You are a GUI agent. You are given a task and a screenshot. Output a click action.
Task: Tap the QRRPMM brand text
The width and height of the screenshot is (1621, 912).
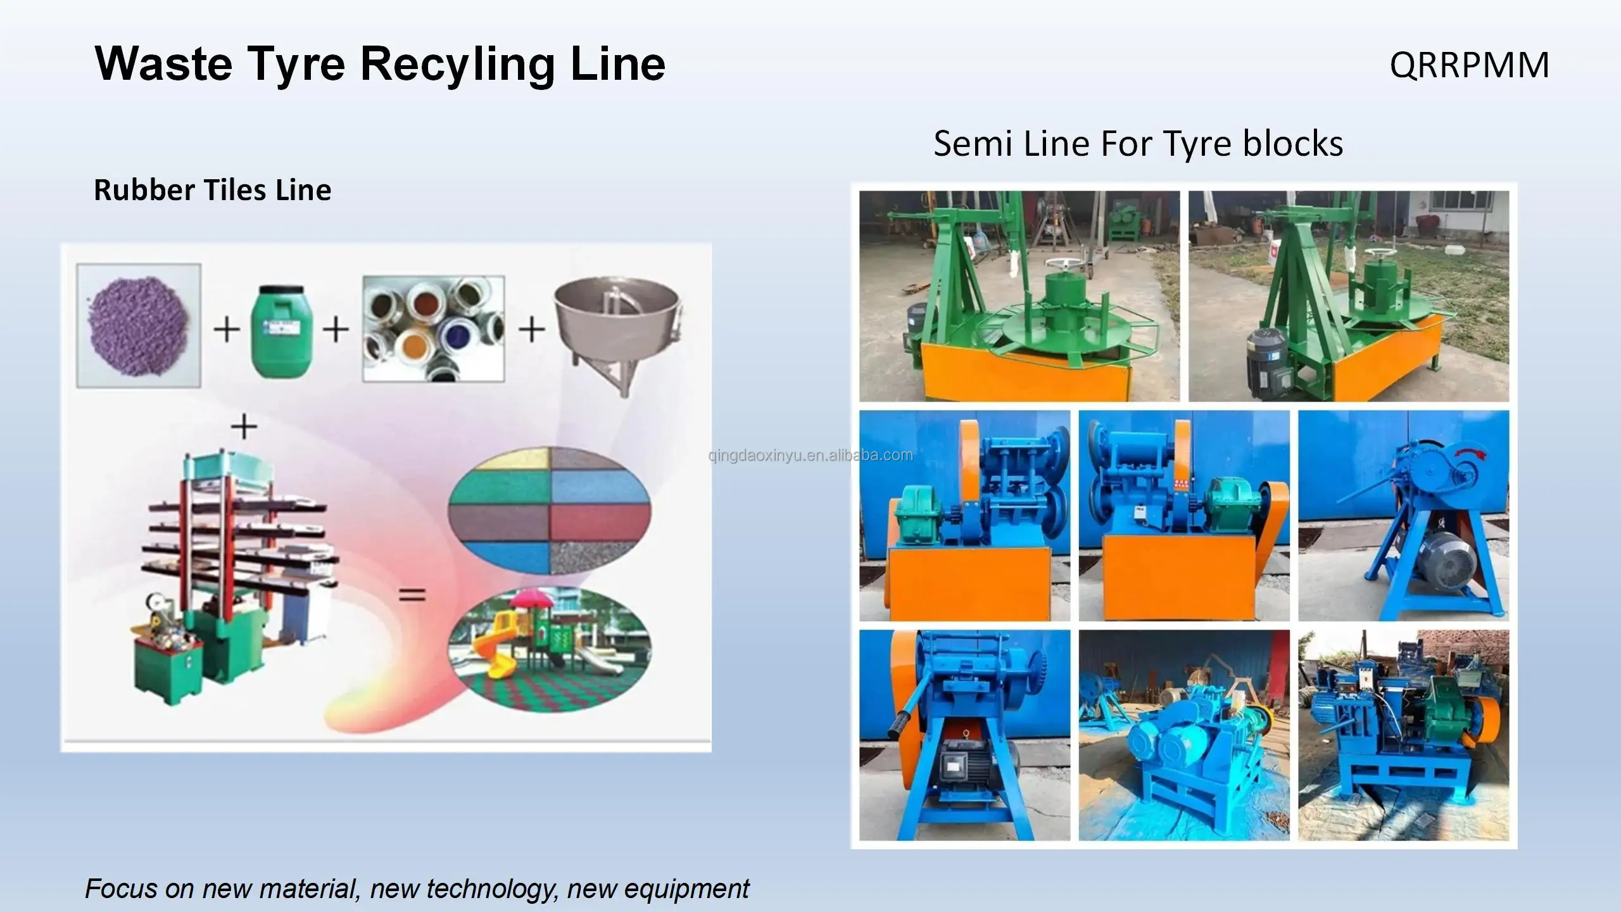[1469, 65]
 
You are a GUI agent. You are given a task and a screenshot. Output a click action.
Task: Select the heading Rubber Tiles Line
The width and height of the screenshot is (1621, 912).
[212, 190]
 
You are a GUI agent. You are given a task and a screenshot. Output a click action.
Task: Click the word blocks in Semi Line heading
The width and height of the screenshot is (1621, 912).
[1292, 143]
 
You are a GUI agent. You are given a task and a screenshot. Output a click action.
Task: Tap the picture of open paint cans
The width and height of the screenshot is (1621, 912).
[433, 328]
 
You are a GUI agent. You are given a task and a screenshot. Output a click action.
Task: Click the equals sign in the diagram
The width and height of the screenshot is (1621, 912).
[412, 595]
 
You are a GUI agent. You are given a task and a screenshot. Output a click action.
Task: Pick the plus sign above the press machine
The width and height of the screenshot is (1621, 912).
[244, 426]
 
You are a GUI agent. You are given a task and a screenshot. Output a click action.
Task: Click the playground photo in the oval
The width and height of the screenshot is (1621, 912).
[549, 649]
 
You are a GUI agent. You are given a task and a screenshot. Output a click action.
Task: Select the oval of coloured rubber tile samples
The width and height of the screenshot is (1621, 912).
[549, 510]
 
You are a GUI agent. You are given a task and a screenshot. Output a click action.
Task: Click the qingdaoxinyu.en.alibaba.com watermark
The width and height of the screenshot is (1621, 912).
[810, 455]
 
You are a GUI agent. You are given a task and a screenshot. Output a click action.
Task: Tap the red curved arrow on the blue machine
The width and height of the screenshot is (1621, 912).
[1471, 452]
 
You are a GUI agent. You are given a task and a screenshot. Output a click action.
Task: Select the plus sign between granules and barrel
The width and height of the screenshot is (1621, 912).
[226, 329]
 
